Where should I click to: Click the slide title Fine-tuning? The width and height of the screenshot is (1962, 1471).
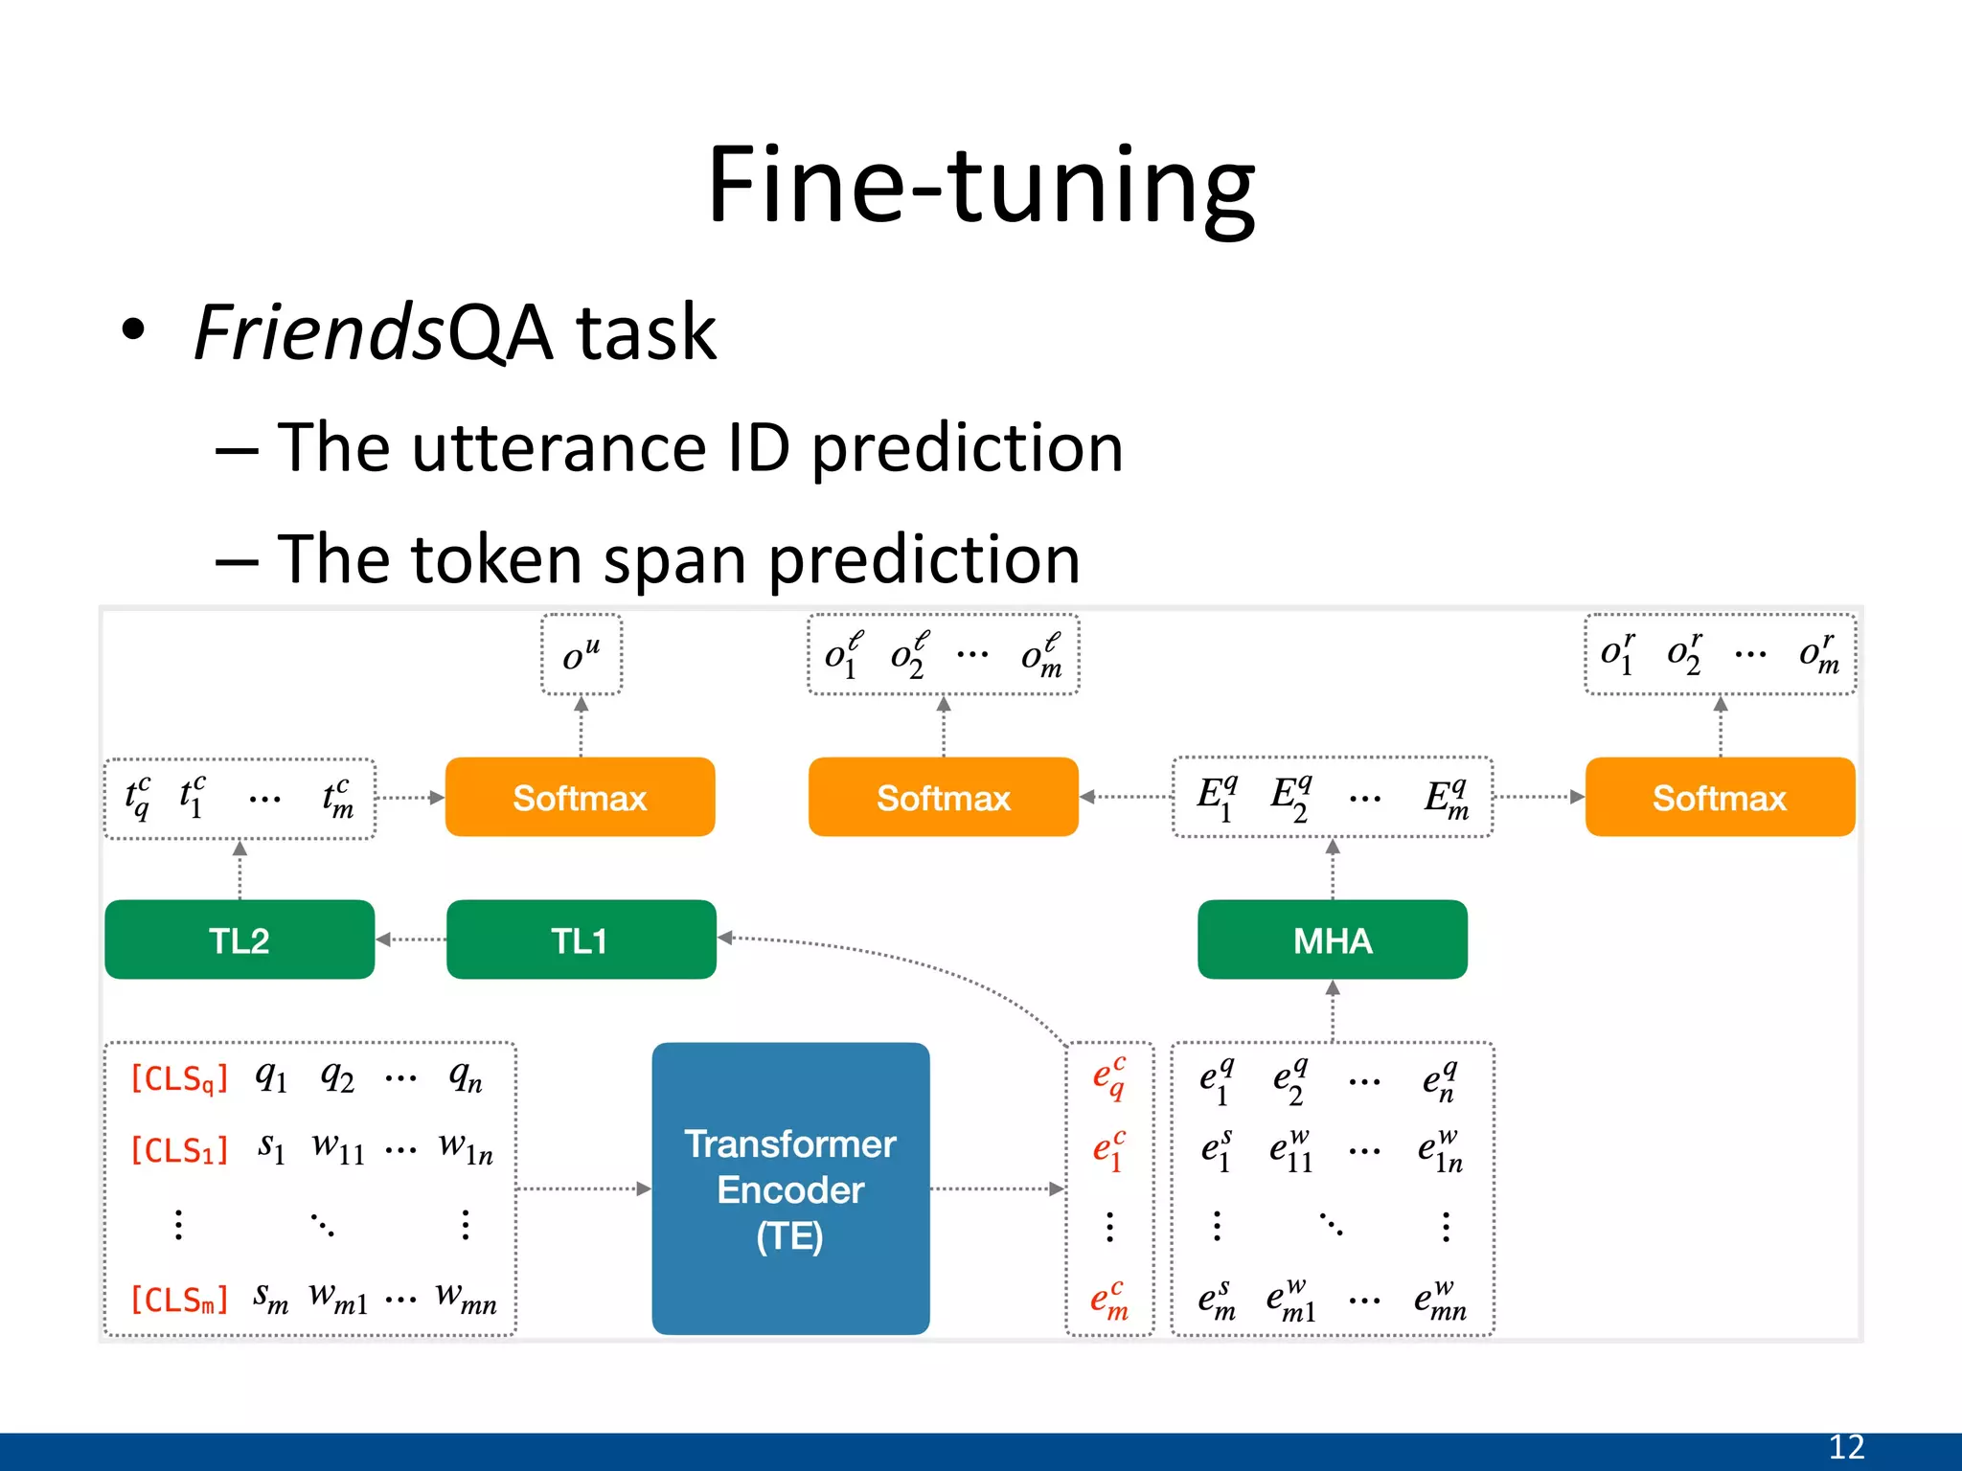pos(981,184)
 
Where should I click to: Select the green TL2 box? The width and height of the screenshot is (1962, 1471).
pos(240,939)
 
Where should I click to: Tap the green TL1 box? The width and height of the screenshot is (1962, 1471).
pos(581,939)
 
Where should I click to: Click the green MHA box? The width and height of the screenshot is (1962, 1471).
pos(1332,939)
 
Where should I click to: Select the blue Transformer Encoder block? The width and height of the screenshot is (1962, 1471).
pos(790,1188)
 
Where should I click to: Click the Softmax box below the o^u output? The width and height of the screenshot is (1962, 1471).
pos(580,797)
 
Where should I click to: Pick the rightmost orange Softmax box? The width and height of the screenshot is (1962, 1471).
pos(1720,797)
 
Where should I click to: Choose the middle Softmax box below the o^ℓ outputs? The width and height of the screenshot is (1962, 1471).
pos(943,797)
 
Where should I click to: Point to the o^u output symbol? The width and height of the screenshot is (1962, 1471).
pos(581,655)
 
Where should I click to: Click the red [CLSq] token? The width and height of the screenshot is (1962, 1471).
pos(179,1079)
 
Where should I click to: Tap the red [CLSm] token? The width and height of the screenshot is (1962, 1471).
pos(179,1300)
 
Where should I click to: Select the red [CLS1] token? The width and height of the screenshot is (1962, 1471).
pos(179,1149)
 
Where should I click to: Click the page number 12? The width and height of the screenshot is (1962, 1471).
pos(1846,1447)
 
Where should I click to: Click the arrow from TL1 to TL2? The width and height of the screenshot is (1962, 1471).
pos(410,939)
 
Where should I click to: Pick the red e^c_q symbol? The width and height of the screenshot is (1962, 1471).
pos(1109,1079)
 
